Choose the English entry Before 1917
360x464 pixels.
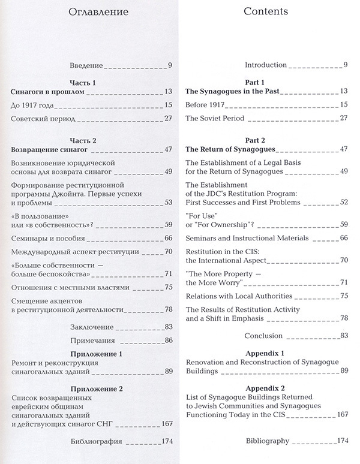pyautogui.click(x=209, y=105)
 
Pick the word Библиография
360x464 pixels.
pyautogui.click(x=96, y=442)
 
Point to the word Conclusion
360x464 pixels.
pyautogui.click(x=263, y=335)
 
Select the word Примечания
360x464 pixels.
pyautogui.click(x=91, y=339)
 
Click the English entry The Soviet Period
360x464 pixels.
pyautogui.click(x=215, y=118)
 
